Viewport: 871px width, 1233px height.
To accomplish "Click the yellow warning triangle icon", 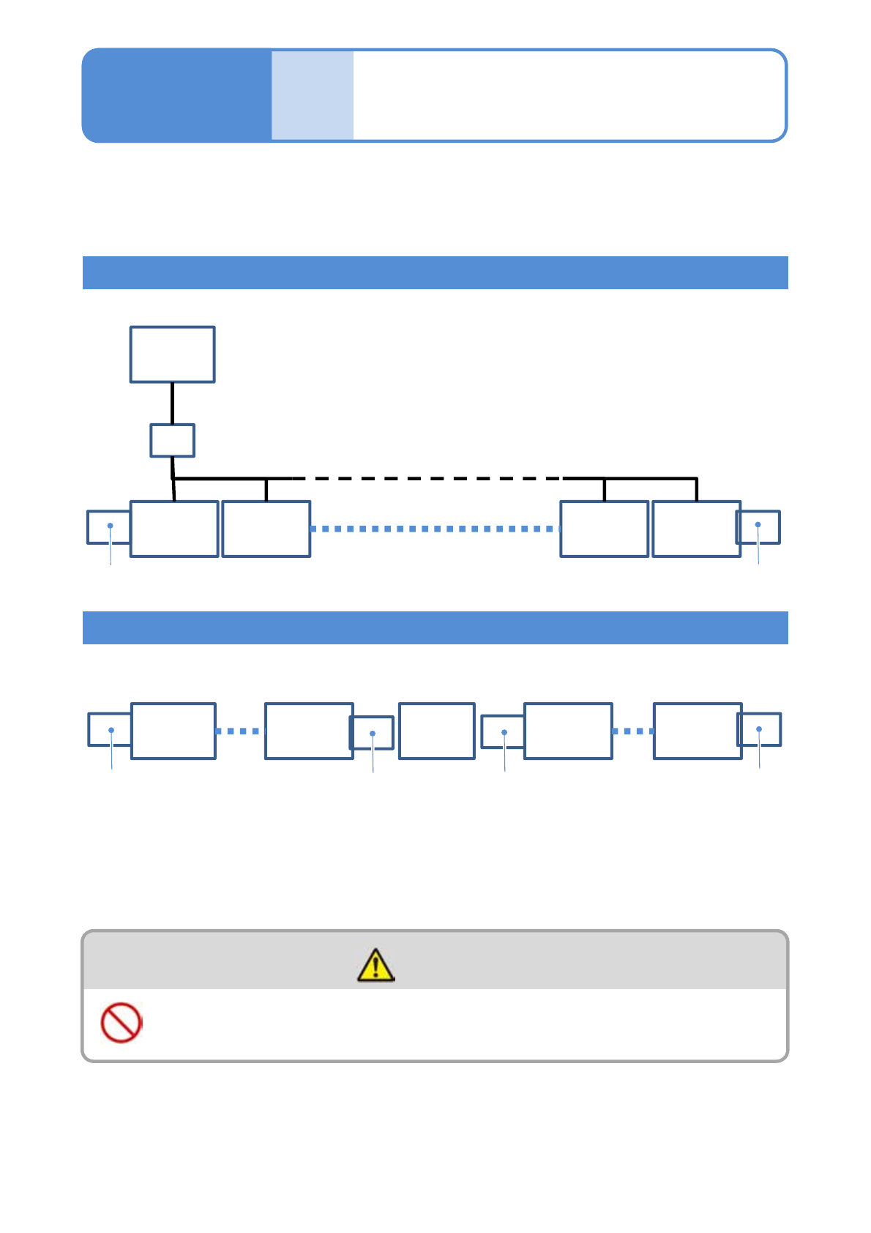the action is [375, 965].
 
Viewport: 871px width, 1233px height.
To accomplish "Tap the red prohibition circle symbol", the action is [121, 1022].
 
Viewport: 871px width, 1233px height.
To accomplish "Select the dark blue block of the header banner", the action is [176, 95].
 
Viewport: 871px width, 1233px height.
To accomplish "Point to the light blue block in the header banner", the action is [313, 95].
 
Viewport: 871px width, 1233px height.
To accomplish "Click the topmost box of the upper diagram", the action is [172, 354].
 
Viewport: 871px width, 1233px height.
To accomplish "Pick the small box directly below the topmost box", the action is [172, 440].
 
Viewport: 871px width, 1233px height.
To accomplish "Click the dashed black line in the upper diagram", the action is [428, 479].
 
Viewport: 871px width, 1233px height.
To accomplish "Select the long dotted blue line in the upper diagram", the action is [435, 529].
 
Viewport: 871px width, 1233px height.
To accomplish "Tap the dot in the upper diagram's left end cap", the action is [111, 525].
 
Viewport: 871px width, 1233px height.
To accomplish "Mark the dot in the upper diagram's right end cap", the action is [758, 524].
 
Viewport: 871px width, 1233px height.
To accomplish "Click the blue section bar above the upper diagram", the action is [435, 272].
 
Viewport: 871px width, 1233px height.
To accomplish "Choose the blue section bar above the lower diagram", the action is [435, 627].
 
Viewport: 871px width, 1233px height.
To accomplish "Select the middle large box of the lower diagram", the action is [436, 731].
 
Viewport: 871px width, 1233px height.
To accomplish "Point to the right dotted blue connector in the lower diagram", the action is [632, 731].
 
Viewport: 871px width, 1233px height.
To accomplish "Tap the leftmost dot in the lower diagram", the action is [111, 730].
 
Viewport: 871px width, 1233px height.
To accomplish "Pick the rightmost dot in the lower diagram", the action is [759, 729].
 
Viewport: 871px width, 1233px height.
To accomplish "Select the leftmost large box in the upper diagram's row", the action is [174, 529].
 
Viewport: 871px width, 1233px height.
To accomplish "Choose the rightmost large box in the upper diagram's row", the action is [695, 529].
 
